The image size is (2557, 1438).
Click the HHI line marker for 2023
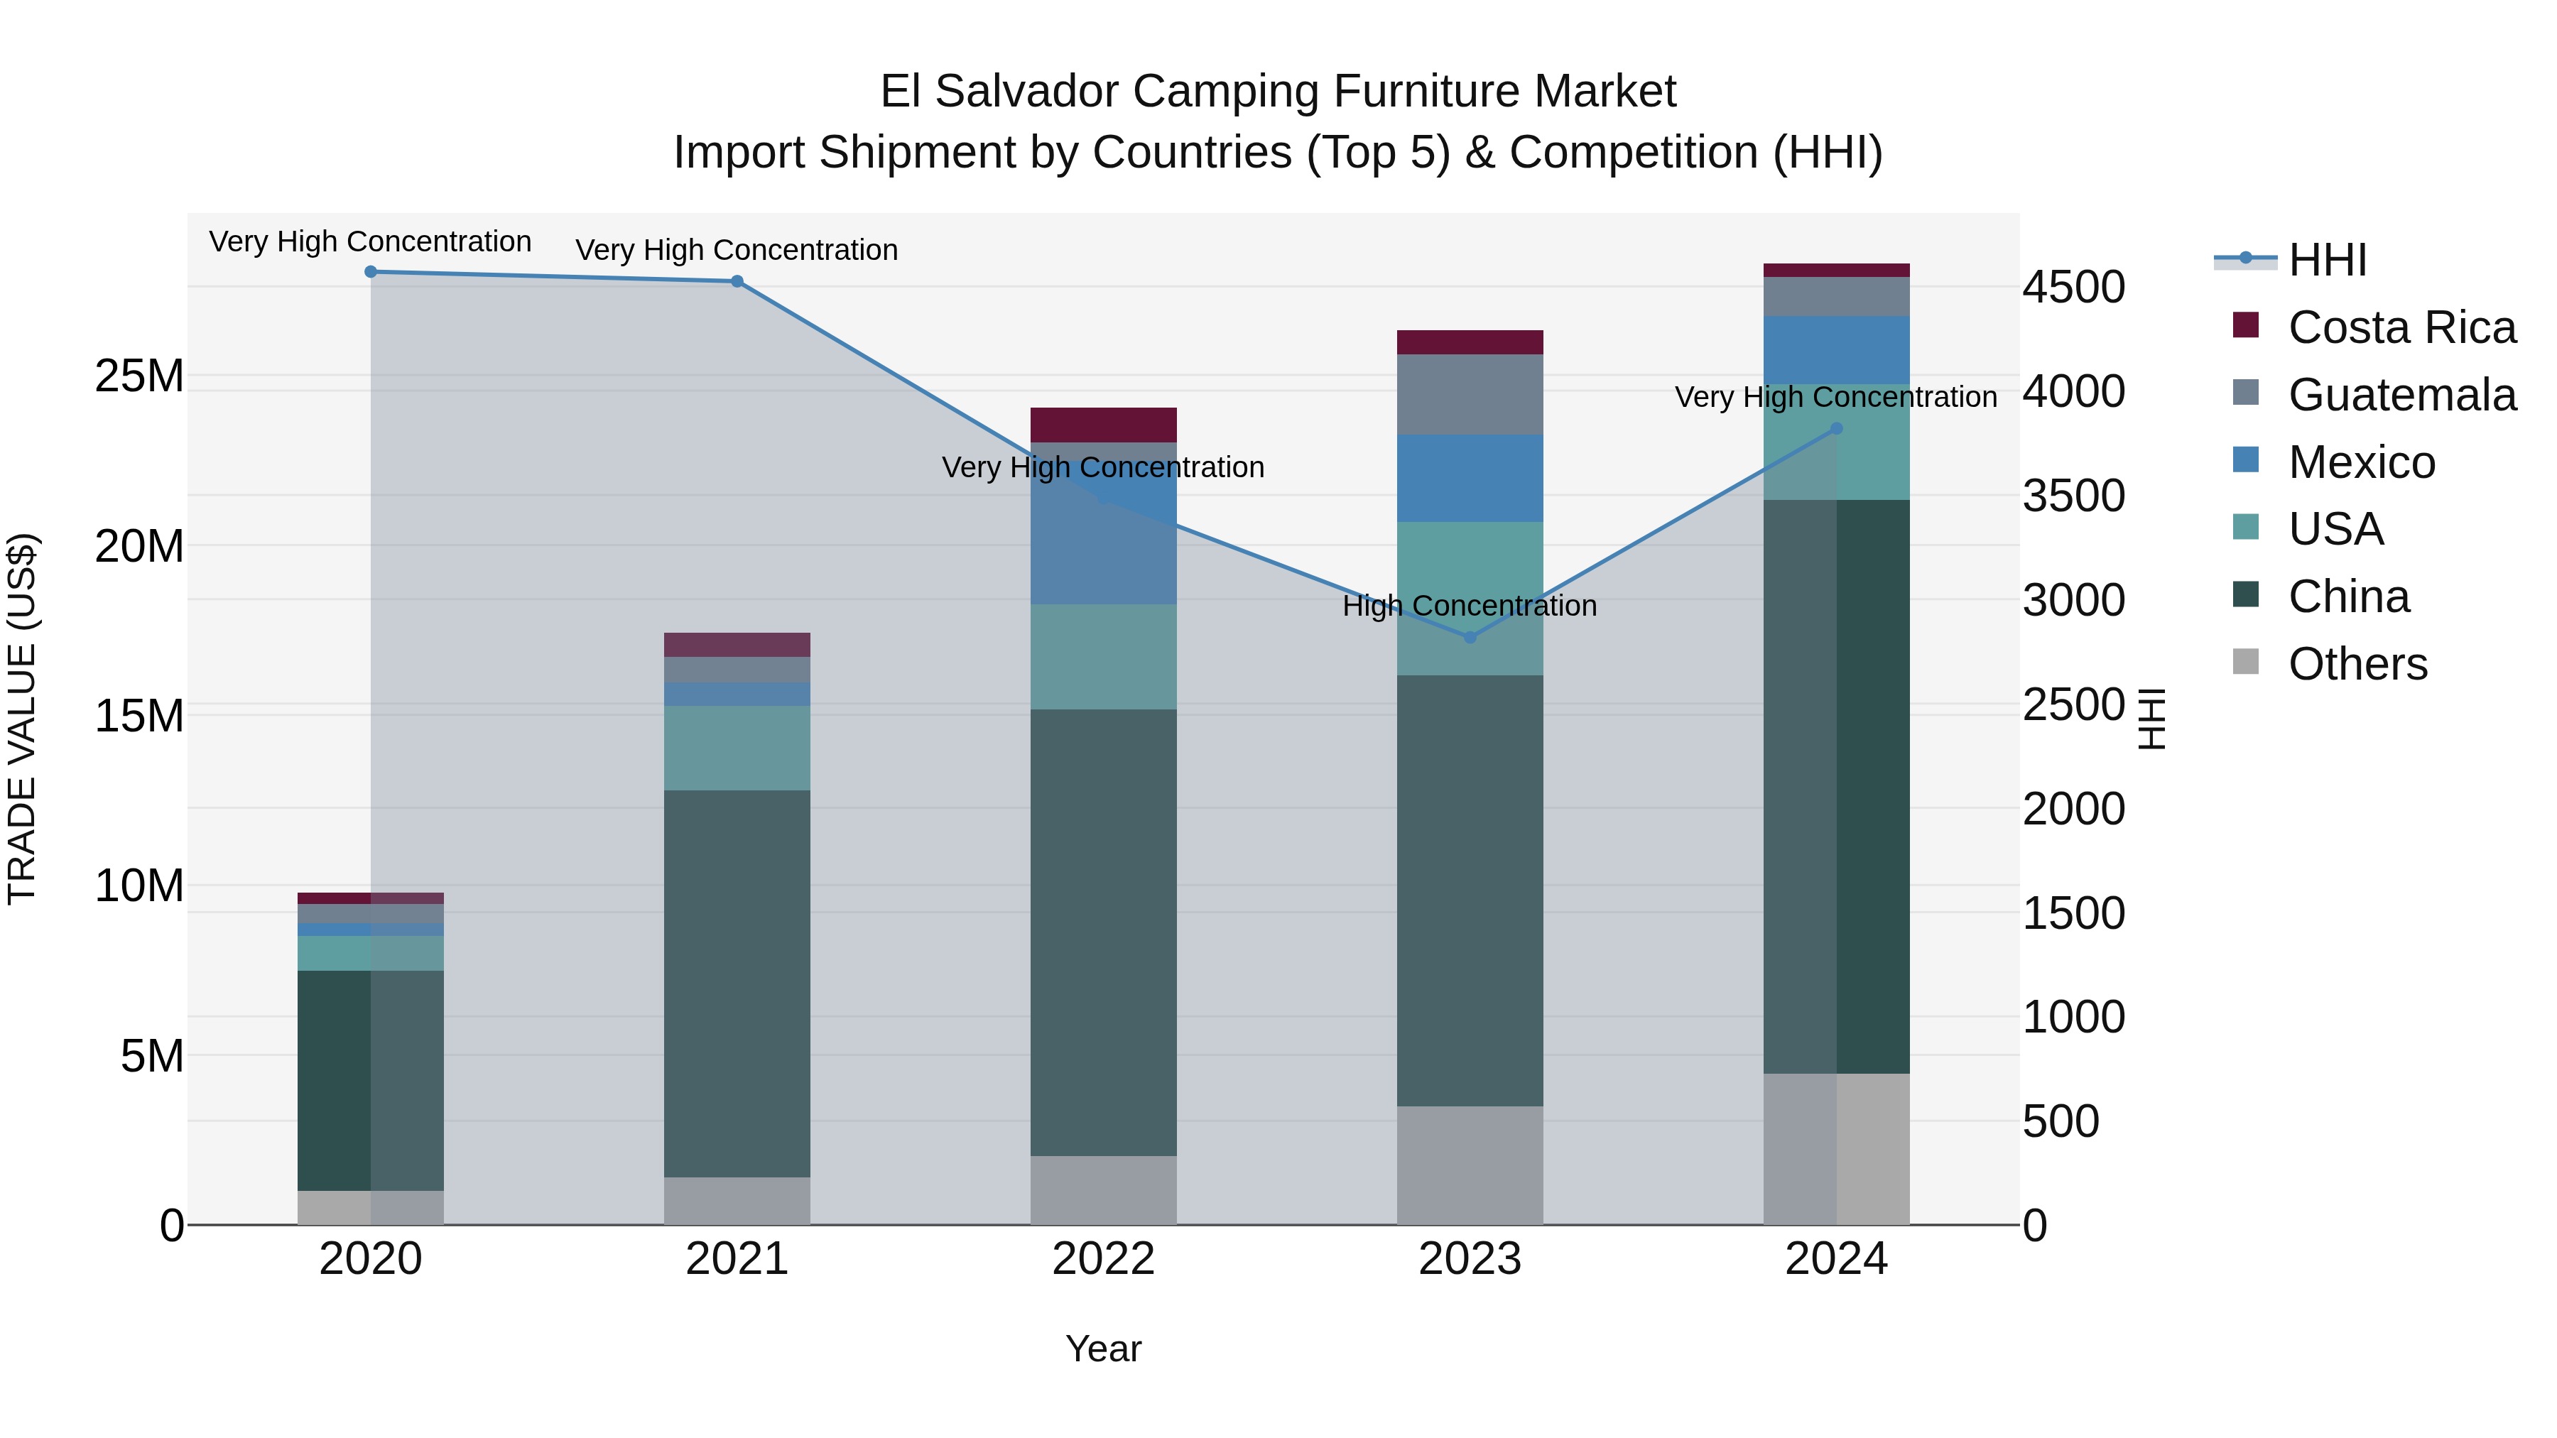1470,637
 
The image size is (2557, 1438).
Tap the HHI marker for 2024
1836,429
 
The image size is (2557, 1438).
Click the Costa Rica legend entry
2402,327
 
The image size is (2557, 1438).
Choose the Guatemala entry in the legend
2402,395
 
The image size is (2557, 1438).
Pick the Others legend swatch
2245,662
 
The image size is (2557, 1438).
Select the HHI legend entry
2327,260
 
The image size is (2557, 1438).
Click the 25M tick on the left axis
139,376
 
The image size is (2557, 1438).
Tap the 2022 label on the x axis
1103,1258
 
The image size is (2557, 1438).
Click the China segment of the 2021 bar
737,983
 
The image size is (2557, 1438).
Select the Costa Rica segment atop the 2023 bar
1470,342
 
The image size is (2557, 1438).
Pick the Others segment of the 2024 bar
1836,1148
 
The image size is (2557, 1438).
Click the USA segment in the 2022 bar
1103,657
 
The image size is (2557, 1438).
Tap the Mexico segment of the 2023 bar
1470,479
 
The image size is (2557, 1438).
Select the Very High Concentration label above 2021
737,250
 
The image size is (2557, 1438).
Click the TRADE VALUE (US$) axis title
22,719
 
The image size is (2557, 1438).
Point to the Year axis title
1103,1349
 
